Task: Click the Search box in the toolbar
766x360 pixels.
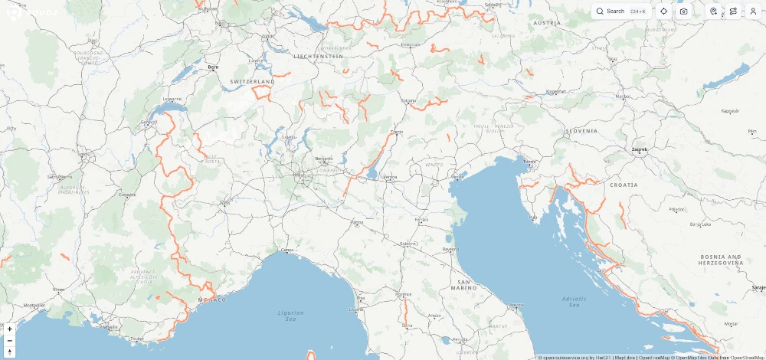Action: click(x=621, y=11)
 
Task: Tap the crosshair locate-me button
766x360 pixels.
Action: click(x=663, y=11)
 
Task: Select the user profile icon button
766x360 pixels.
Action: click(x=753, y=11)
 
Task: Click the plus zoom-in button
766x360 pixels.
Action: click(x=9, y=329)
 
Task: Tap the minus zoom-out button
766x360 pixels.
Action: click(x=9, y=340)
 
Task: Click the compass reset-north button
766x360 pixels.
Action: click(x=9, y=352)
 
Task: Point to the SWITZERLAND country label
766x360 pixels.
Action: click(x=252, y=80)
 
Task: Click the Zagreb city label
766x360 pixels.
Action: click(x=639, y=149)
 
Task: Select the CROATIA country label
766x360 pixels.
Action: click(x=624, y=185)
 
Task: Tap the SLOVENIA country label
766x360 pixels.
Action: click(x=581, y=131)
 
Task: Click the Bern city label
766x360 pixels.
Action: click(x=213, y=67)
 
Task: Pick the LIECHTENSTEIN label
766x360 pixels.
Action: click(x=318, y=56)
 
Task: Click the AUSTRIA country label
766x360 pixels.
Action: click(x=547, y=23)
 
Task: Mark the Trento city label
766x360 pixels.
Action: click(x=396, y=133)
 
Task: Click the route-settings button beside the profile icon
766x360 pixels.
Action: click(x=733, y=11)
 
